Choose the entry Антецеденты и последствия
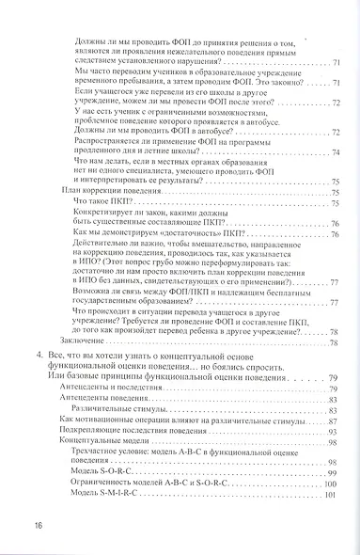pyautogui.click(x=106, y=363)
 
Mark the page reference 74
pyautogui.click(x=337, y=153)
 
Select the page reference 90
pyautogui.click(x=336, y=424)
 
